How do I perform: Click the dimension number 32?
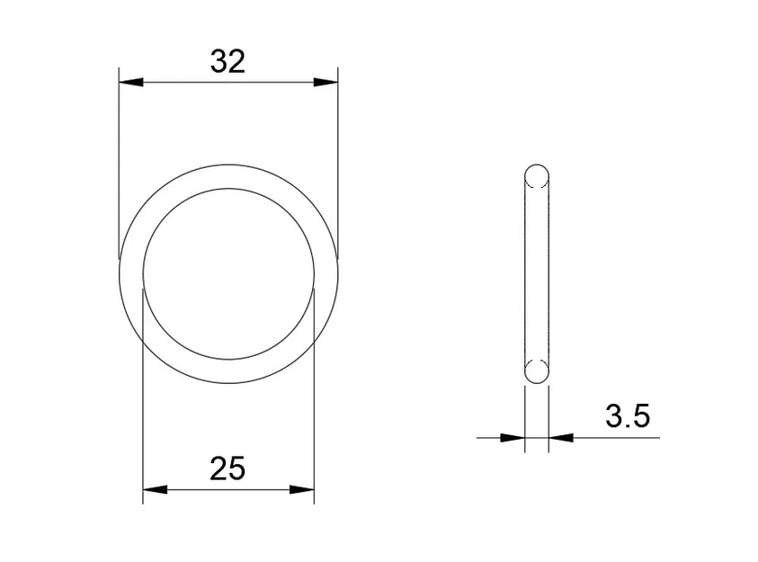click(x=227, y=61)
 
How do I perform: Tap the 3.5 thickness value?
click(x=627, y=416)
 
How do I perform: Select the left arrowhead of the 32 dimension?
click(x=131, y=83)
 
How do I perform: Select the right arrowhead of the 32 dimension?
click(x=325, y=83)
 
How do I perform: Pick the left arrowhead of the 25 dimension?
click(x=156, y=490)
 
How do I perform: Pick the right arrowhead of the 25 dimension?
click(x=302, y=490)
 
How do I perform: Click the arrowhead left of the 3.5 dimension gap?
click(x=513, y=438)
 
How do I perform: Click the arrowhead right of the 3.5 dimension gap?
click(x=561, y=438)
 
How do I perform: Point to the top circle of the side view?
click(x=536, y=175)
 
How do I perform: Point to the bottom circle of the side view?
click(x=536, y=371)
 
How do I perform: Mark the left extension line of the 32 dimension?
click(x=120, y=162)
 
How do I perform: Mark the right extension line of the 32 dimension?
click(x=338, y=162)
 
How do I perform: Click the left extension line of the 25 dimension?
click(x=143, y=396)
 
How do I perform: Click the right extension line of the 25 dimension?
click(x=315, y=396)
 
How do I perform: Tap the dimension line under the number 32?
click(x=228, y=83)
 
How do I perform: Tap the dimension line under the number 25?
click(x=228, y=490)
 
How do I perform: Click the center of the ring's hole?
click(x=228, y=273)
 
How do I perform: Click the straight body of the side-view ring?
click(x=536, y=273)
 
